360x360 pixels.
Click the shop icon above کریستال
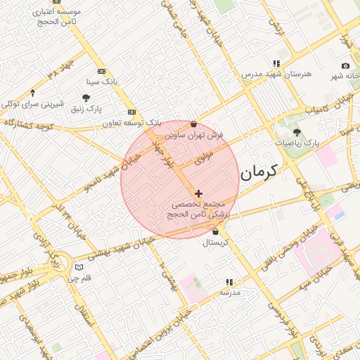point(215,232)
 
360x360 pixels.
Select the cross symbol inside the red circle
point(198,193)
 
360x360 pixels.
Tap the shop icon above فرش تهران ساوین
point(193,124)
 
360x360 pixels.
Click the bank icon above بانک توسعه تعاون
point(131,112)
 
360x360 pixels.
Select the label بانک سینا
point(102,82)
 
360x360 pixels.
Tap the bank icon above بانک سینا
point(102,71)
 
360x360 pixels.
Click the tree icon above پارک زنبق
point(86,98)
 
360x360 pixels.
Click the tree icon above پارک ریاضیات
point(297,131)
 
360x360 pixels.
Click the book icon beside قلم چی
point(79,267)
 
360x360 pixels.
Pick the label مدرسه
point(230,292)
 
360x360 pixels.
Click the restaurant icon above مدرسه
point(229,281)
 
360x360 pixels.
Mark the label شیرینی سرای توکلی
point(32,103)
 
